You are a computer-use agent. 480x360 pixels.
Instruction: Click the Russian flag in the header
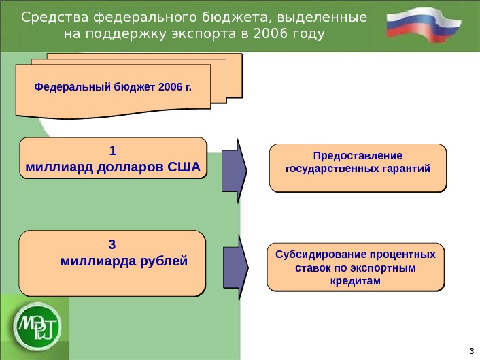pos(425,25)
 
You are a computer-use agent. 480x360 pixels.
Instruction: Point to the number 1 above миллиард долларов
pos(113,150)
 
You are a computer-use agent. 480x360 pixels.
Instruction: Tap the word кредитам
pos(355,280)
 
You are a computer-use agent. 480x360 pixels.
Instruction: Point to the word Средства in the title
pos(49,16)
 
